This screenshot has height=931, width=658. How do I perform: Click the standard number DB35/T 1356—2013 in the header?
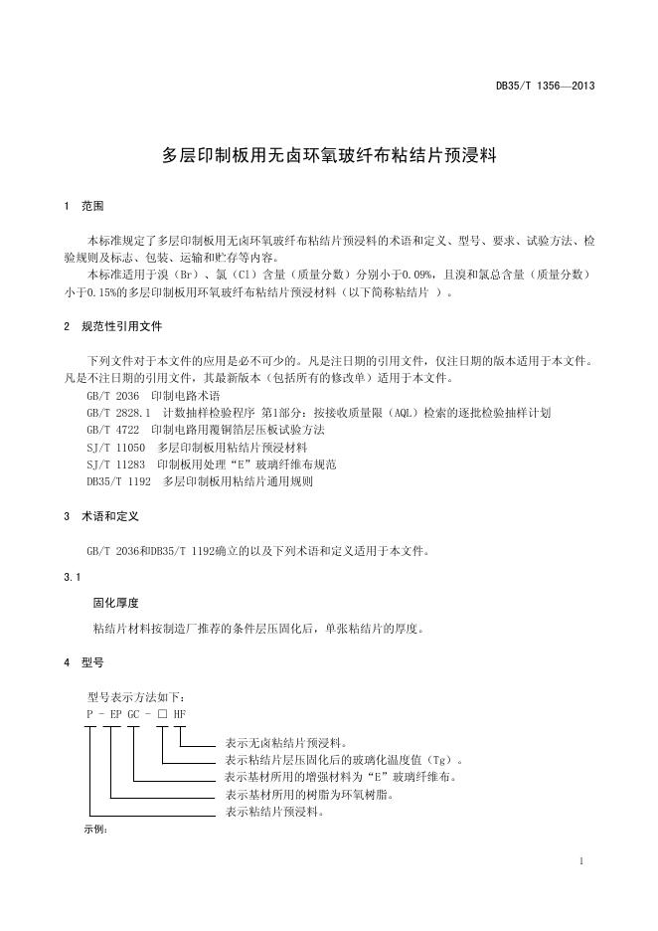(546, 87)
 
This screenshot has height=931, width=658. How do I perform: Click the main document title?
(329, 156)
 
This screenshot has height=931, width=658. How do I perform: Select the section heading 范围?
(92, 208)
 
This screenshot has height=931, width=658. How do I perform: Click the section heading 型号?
(92, 661)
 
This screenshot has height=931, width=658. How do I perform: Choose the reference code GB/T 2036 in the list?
(112, 395)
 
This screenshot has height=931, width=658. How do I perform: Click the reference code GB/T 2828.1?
(118, 412)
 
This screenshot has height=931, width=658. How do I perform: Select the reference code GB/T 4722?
(112, 430)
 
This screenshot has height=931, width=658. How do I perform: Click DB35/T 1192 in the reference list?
(118, 481)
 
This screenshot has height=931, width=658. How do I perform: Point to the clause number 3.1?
(71, 577)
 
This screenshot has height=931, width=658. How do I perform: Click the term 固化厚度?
(114, 603)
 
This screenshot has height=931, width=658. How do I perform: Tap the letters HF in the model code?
(179, 714)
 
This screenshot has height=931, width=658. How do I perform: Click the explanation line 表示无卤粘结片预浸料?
(286, 743)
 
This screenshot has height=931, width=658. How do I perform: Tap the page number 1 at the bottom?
(581, 860)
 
